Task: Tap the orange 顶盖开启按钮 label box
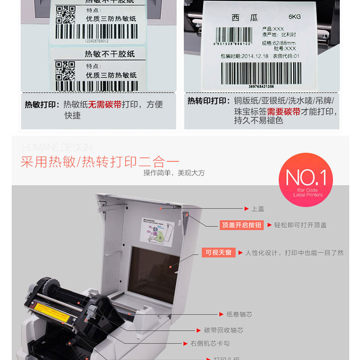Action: click(242, 225)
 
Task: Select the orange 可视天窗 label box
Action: click(218, 253)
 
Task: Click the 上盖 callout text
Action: click(257, 209)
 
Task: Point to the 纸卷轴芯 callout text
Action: click(239, 314)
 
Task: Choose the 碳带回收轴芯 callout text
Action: click(224, 330)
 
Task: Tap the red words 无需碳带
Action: click(105, 104)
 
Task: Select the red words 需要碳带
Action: click(283, 112)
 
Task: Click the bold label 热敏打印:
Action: click(42, 104)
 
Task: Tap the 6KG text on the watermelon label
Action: click(295, 17)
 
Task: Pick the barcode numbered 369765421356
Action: click(261, 74)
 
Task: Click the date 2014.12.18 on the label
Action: click(256, 56)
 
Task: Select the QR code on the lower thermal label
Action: click(65, 71)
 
